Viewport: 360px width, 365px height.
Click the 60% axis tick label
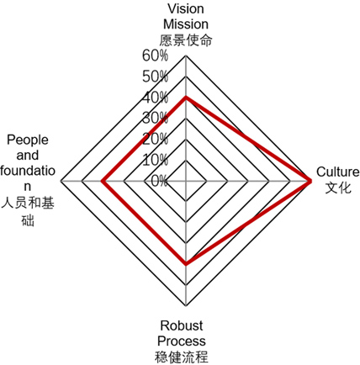coord(155,56)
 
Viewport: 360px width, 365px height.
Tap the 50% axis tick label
coord(155,77)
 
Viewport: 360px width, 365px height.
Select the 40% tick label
coord(155,98)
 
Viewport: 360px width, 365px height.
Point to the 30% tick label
coord(155,119)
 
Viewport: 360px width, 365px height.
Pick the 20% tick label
coord(155,140)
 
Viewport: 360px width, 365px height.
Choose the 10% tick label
coord(155,160)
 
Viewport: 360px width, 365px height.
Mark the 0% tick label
coord(159,181)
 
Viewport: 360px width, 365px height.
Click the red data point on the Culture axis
coord(310,182)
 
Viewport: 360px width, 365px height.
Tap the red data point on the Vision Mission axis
coord(185,98)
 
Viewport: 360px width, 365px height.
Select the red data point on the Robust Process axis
coord(185,263)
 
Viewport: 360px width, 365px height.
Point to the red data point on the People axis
coord(103,182)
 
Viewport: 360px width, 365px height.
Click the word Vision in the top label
coord(186,8)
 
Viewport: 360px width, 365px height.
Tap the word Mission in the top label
coord(186,24)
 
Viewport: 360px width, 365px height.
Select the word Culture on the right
coord(337,172)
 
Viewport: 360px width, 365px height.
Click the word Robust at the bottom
coord(182,325)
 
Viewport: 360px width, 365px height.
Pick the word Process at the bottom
coord(182,341)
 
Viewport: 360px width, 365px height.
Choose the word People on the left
coord(28,140)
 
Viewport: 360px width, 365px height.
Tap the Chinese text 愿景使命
coord(186,40)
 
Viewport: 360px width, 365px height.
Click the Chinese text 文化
coord(338,188)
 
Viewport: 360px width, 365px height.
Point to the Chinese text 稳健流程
coord(182,357)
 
